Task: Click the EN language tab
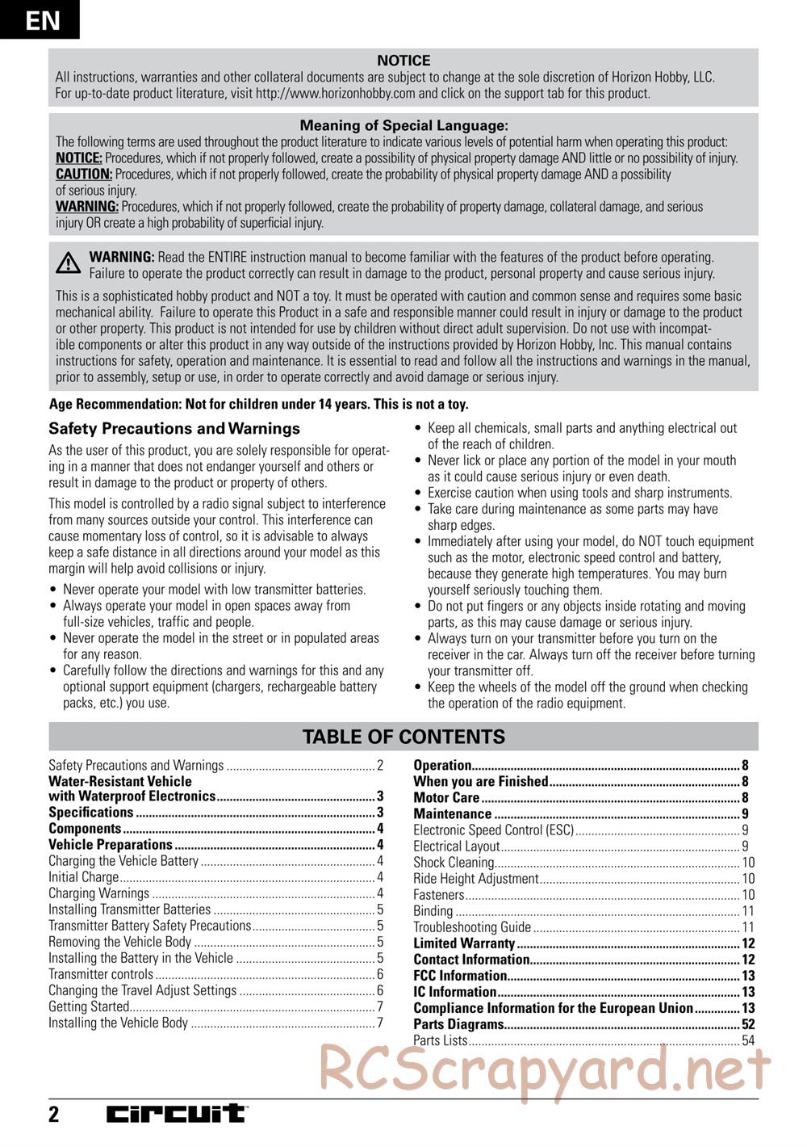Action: click(40, 19)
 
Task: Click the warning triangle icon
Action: click(69, 263)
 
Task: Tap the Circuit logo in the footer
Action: click(178, 1114)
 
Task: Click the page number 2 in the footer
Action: click(54, 1115)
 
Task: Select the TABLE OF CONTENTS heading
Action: click(403, 737)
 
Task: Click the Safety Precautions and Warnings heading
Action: click(174, 429)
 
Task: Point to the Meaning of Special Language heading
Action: click(403, 126)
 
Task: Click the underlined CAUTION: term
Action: click(84, 174)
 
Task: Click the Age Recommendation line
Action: click(258, 405)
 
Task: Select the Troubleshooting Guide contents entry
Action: click(472, 927)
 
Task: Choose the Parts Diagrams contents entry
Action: click(458, 1024)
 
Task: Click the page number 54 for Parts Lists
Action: click(748, 1040)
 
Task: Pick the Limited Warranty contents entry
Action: click(464, 943)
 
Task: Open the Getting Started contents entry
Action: click(89, 1006)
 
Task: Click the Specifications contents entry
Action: click(91, 813)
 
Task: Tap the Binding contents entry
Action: click(433, 911)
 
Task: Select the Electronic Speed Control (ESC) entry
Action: click(493, 830)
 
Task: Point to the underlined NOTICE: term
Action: click(78, 158)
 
